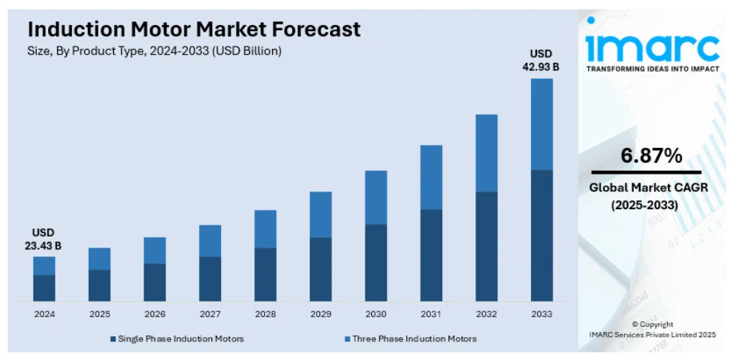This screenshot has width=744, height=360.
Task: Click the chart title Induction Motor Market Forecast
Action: pos(195,30)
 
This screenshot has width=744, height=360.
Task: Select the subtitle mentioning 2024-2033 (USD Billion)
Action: pos(155,51)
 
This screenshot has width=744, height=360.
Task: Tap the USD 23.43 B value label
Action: pos(43,239)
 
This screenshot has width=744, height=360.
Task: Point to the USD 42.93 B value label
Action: pos(541,61)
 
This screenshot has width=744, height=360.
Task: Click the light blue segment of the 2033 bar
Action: pos(541,124)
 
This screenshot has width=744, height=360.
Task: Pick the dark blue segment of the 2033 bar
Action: pos(541,235)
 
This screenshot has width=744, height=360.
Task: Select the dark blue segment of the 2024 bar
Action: pos(44,288)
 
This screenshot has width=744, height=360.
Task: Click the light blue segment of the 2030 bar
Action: pos(376,197)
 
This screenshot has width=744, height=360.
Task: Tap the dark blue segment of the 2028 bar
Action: pos(265,274)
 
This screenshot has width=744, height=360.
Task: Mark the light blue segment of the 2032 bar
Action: pos(486,153)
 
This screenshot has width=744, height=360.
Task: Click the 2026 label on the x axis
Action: pos(155,314)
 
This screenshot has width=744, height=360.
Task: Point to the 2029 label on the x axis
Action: pos(320,314)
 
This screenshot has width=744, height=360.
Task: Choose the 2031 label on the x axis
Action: pos(431,314)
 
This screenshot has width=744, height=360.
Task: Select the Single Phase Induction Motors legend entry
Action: pos(177,339)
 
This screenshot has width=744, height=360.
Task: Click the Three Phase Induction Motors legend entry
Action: pos(410,339)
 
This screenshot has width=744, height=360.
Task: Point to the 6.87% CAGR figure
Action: pos(652,156)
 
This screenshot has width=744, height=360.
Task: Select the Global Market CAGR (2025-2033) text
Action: pos(649,196)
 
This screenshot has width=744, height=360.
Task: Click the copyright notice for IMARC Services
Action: pos(652,330)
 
